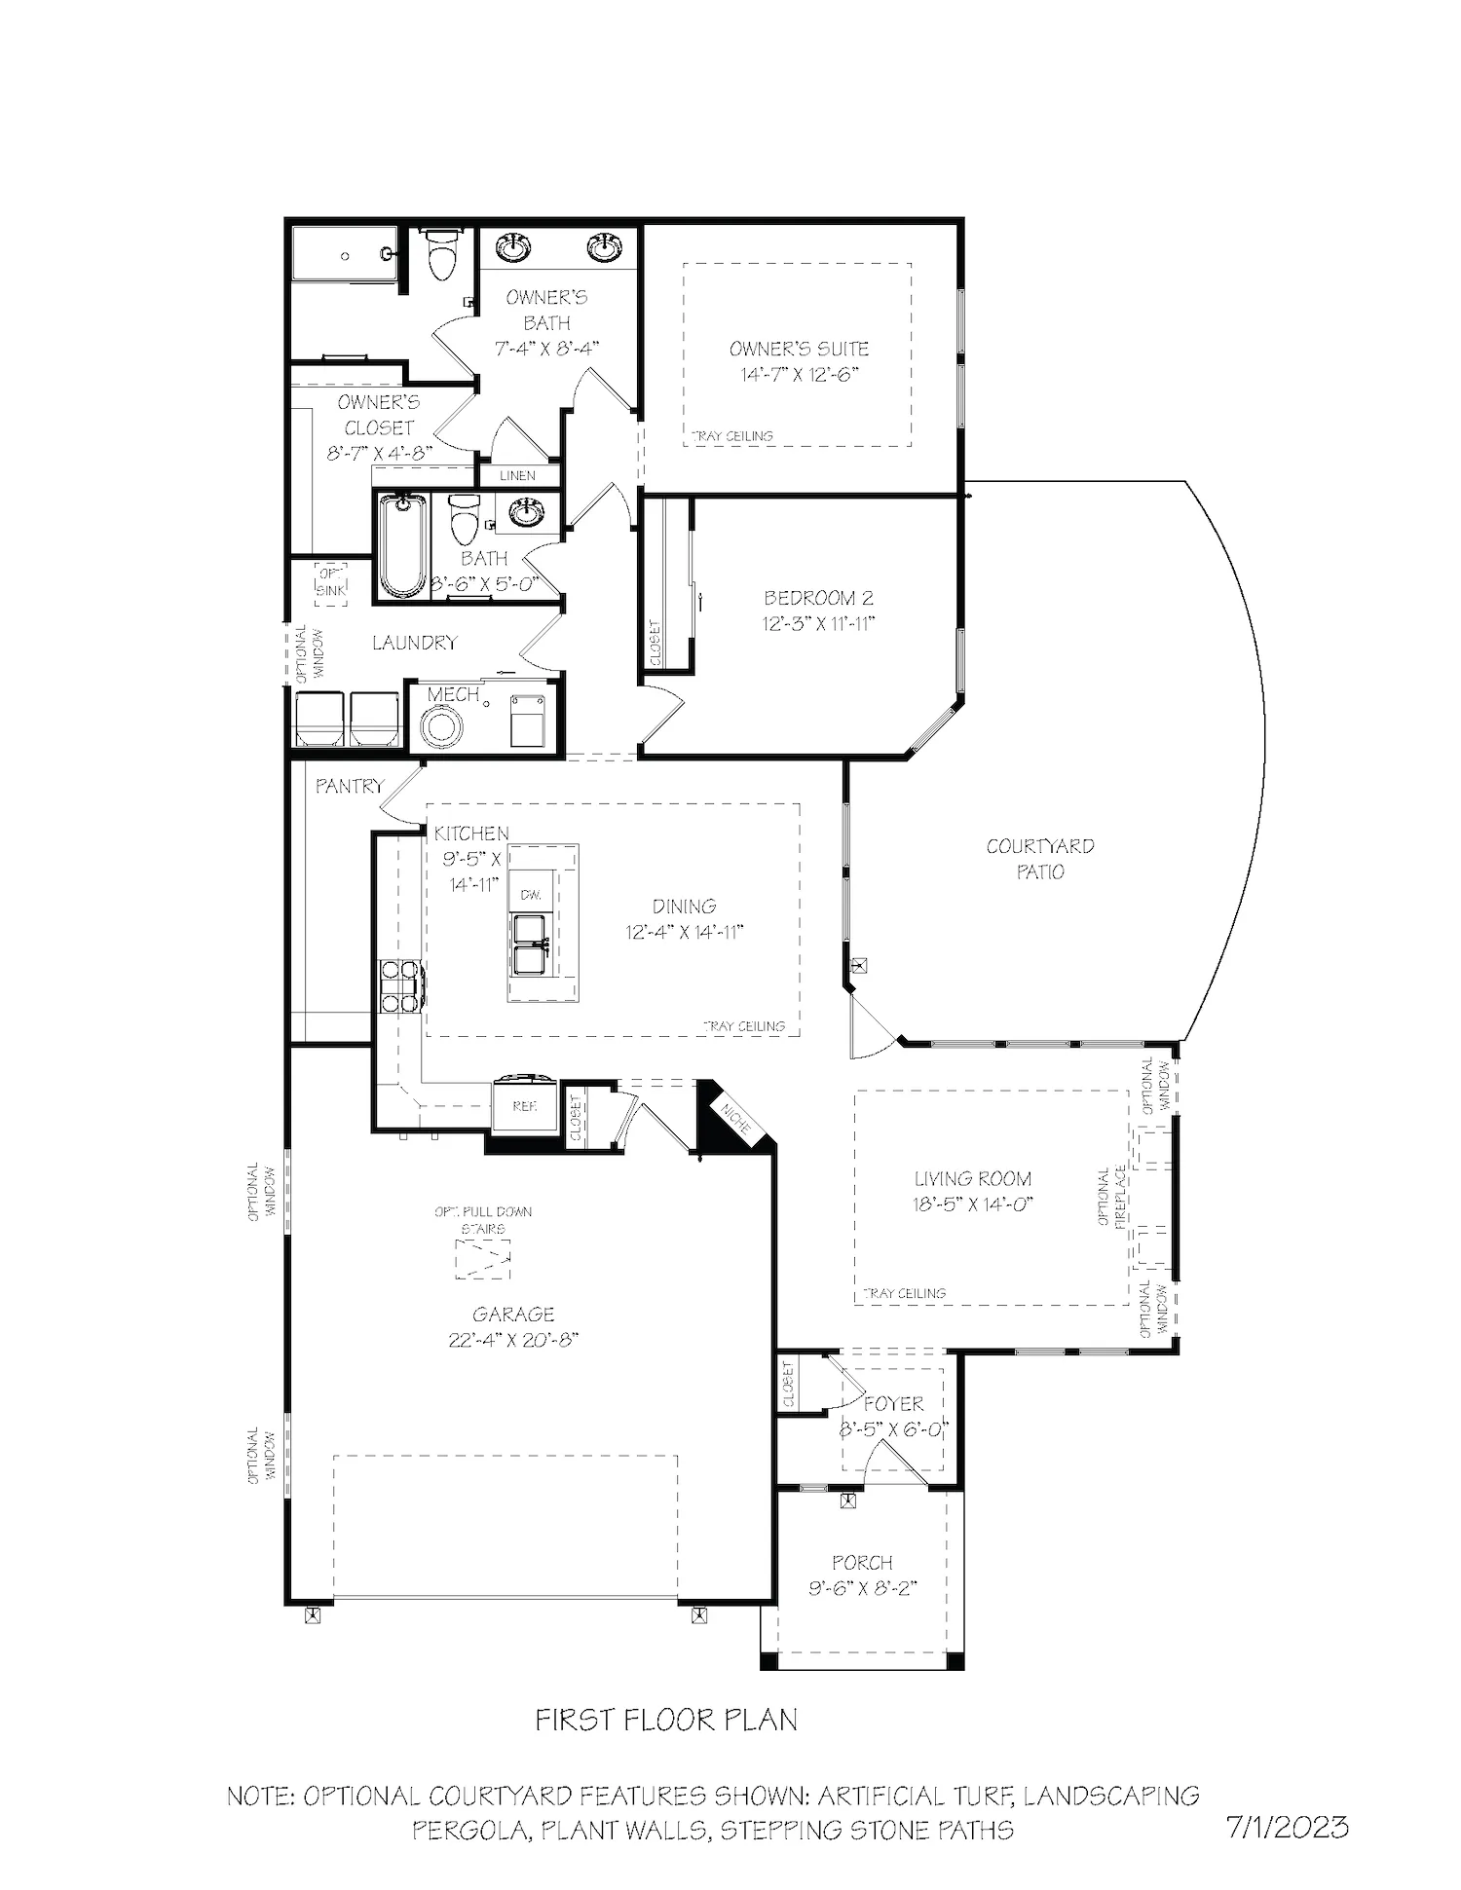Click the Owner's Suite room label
click(x=799, y=349)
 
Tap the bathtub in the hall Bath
click(x=402, y=545)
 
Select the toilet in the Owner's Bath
click(x=442, y=254)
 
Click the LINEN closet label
click(x=517, y=476)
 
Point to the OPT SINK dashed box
click(x=330, y=583)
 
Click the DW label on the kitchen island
click(x=531, y=894)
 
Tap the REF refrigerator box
click(x=525, y=1106)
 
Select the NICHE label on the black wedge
click(x=736, y=1119)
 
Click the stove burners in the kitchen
click(x=400, y=986)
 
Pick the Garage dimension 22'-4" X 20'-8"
click(x=513, y=1340)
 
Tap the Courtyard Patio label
click(x=1040, y=859)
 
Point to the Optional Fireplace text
click(x=1111, y=1198)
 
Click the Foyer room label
click(x=893, y=1404)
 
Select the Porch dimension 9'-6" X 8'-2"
click(x=863, y=1588)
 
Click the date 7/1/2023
click(x=1288, y=1827)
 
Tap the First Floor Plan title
click(x=666, y=1720)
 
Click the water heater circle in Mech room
click(x=443, y=726)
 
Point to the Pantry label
click(x=350, y=786)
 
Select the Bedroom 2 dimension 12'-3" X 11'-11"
click(x=818, y=623)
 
